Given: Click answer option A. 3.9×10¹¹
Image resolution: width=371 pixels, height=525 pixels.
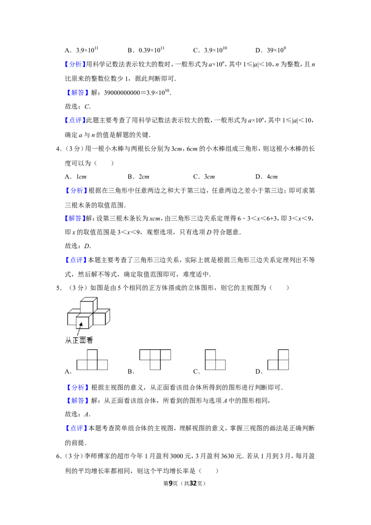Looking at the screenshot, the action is (x=81, y=50).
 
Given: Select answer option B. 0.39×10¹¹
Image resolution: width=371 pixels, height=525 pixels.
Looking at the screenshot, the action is (x=146, y=50).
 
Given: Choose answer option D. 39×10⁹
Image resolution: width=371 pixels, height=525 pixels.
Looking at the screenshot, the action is (x=270, y=50).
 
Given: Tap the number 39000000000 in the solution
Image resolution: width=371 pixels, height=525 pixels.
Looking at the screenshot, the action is (x=122, y=93).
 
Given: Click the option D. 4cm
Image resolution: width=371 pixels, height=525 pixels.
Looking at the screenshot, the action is (x=266, y=176).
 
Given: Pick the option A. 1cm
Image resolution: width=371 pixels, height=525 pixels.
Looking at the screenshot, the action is (x=76, y=176).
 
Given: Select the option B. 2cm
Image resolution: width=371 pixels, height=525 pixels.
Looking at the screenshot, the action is (x=138, y=176).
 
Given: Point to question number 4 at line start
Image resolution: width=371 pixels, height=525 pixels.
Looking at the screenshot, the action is (x=58, y=149).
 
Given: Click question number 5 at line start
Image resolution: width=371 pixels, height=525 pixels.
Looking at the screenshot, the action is (x=58, y=288).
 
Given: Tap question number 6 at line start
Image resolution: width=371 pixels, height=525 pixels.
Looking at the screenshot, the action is (x=58, y=456).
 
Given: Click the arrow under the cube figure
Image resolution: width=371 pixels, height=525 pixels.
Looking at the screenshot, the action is (x=80, y=329).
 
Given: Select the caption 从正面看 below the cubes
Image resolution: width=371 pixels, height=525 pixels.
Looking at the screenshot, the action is (x=79, y=340).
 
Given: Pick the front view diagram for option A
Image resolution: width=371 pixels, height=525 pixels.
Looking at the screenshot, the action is (x=92, y=359).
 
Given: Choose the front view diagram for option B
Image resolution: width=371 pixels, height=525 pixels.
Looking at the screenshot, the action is (x=155, y=359).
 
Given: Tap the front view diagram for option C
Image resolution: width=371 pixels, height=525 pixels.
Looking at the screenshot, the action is (x=215, y=359).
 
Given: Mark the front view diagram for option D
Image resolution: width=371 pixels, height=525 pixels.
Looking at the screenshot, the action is (x=278, y=359).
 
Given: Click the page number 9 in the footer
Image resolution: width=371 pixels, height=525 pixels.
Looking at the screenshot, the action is (x=171, y=483).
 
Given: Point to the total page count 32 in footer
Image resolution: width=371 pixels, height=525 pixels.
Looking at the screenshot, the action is (x=193, y=483).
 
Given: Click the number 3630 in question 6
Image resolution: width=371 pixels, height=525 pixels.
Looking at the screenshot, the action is (x=229, y=456).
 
